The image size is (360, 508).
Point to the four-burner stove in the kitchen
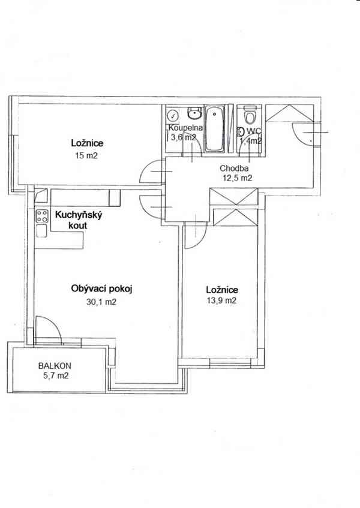[41, 216]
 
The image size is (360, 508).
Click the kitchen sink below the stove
[41, 232]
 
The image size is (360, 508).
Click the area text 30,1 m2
[101, 302]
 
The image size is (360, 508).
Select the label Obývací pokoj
[100, 289]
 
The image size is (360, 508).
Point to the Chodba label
[231, 168]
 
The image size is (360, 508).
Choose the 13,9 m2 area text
[222, 301]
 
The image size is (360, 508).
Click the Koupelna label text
[185, 128]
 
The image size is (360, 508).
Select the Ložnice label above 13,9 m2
[221, 290]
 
